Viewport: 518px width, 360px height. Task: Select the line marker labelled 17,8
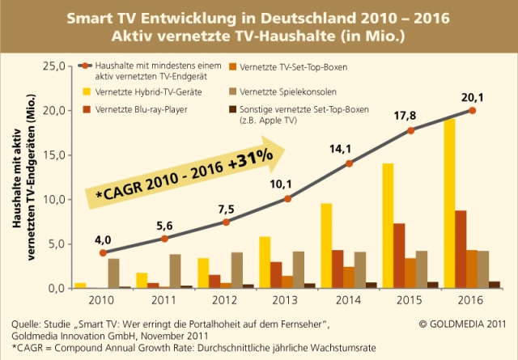coord(410,131)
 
